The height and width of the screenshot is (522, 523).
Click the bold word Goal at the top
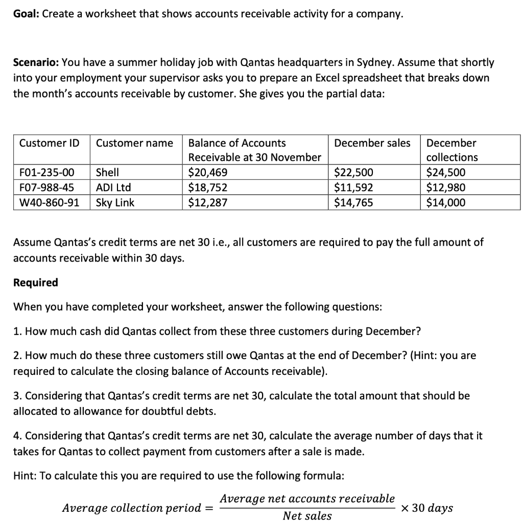coord(26,14)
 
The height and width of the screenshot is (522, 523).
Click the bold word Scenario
coord(35,63)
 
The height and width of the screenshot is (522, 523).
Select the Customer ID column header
coord(49,143)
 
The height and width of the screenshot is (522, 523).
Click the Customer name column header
coord(134,143)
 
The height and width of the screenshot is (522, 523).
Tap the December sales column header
coord(372,143)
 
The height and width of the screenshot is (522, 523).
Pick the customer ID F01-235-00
coord(46,173)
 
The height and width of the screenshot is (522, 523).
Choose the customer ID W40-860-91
coord(49,203)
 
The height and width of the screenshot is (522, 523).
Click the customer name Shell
coord(107,173)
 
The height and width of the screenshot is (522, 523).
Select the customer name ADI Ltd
coord(113,187)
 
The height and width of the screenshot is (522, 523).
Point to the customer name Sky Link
coord(115,203)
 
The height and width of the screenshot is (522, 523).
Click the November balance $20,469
coord(208,173)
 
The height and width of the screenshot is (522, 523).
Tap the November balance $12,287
coord(208,203)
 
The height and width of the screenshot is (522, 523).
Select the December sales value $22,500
coord(353,173)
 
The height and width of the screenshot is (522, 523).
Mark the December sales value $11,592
coord(353,187)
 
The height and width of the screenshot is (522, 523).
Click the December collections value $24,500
coord(446,173)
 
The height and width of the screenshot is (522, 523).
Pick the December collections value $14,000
coord(446,203)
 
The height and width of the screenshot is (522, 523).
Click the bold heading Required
coord(35,282)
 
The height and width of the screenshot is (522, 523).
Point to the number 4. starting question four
coord(17,436)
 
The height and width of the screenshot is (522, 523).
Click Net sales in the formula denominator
coord(307,516)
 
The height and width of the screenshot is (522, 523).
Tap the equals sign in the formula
coord(208,508)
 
